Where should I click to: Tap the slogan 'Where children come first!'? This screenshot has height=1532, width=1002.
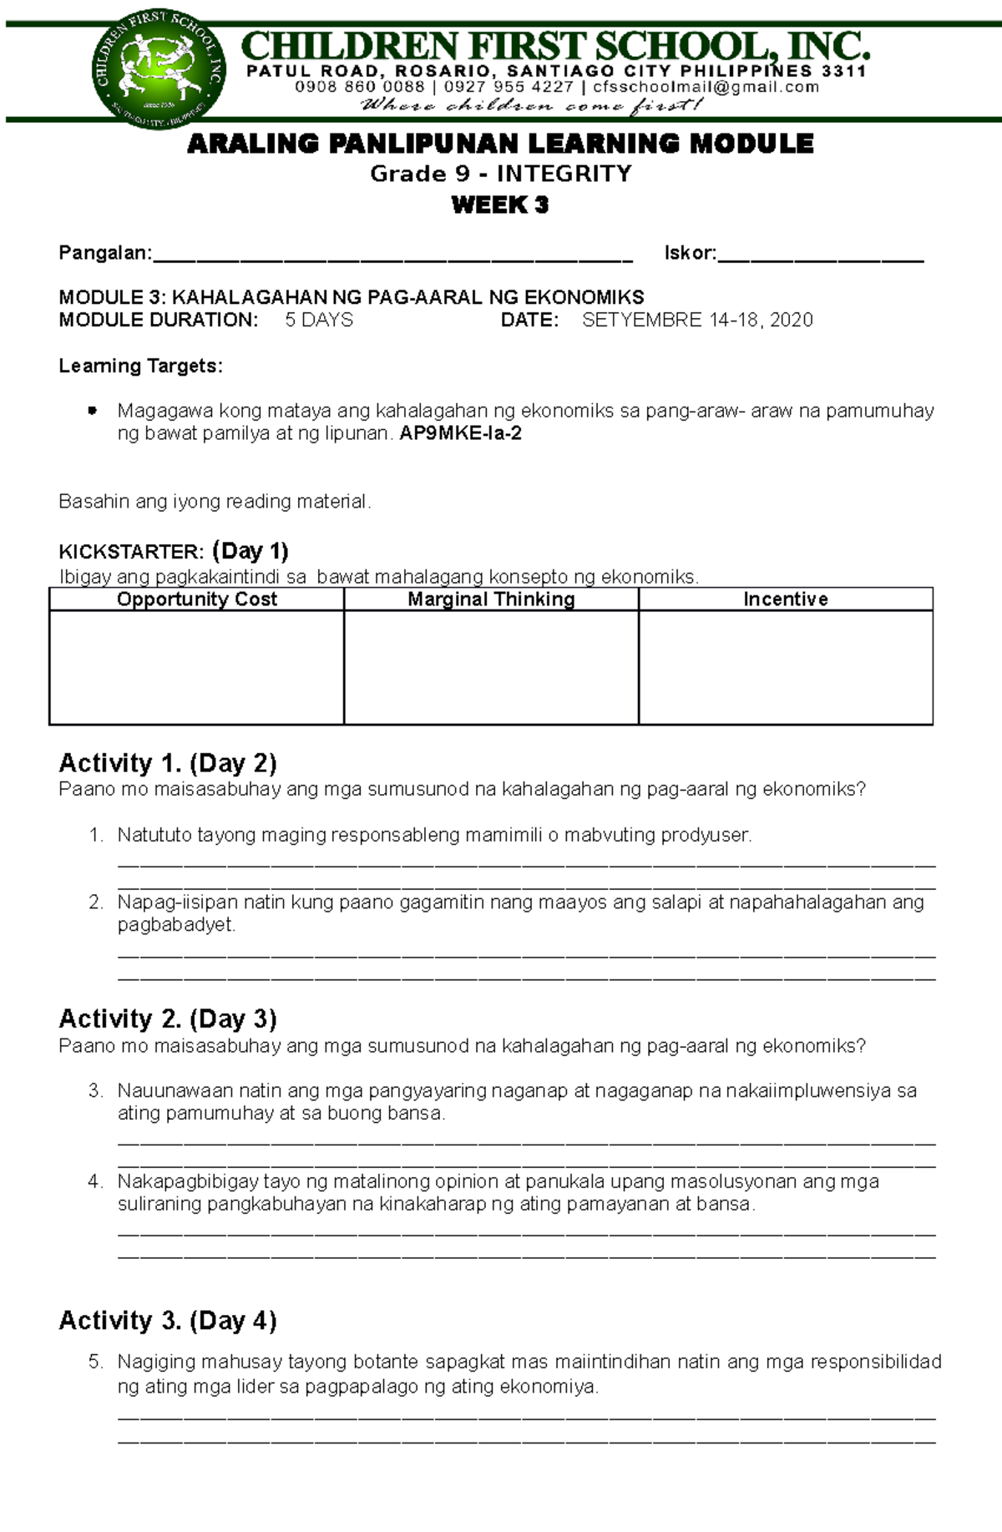(532, 106)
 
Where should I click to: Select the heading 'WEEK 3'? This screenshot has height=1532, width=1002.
(500, 205)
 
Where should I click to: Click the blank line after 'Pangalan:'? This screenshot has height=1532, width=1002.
(392, 255)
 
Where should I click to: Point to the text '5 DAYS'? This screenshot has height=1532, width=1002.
(319, 321)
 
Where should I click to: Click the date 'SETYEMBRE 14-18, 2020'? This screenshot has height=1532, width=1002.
(697, 321)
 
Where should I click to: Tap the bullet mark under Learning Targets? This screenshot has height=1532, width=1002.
(93, 411)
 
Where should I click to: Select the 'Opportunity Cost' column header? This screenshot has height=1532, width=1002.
(197, 599)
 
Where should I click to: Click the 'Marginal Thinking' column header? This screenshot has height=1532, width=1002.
(491, 599)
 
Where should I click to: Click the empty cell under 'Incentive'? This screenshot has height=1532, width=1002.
(785, 667)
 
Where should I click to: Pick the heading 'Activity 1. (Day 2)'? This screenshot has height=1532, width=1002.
(168, 763)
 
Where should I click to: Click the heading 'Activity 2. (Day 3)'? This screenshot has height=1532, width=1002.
(168, 1019)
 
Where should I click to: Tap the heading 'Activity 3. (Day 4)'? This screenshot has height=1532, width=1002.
(168, 1321)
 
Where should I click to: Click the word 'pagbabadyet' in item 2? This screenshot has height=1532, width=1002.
(176, 925)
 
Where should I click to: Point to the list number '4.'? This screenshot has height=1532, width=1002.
(95, 1181)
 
